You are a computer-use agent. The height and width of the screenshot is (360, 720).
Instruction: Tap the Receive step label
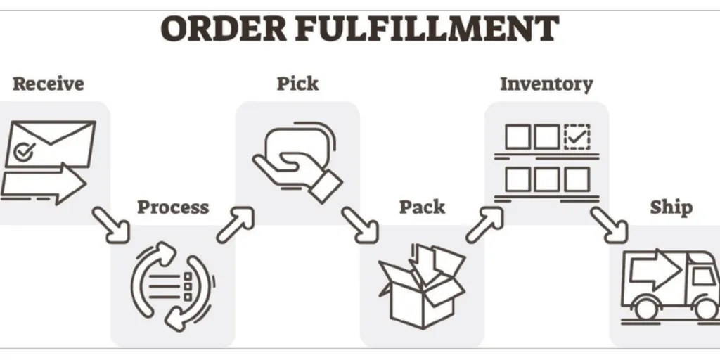pos(48,84)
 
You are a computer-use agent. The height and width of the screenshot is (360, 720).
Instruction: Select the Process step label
pos(173,207)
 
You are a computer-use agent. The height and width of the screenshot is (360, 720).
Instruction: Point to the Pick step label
pos(297,84)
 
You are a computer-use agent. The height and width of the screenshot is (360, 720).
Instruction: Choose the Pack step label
pos(422,207)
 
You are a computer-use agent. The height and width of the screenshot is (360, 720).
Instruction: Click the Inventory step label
pos(546,84)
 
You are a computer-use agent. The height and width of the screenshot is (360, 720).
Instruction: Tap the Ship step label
pos(671,207)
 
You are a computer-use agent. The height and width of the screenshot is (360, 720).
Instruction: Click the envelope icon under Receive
pos(51,144)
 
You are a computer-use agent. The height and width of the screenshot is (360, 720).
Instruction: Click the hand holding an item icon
pos(295,158)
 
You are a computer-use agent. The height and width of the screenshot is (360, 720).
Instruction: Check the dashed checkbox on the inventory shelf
pos(577,136)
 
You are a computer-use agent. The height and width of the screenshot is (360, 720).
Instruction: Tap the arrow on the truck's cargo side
pos(654,269)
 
